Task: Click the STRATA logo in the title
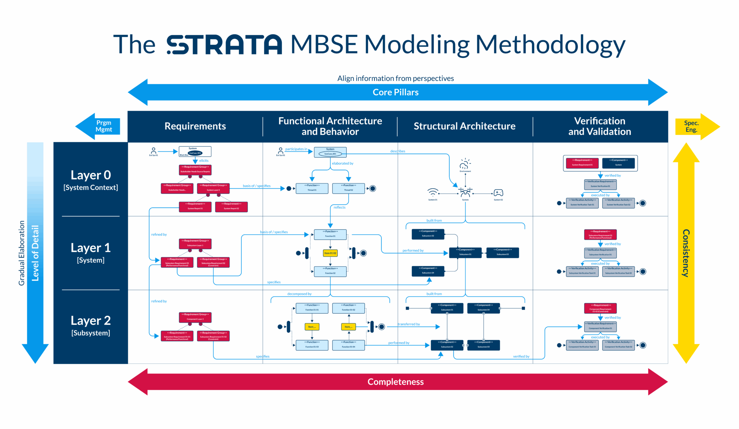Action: [224, 45]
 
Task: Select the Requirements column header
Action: [195, 126]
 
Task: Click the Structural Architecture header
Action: [464, 126]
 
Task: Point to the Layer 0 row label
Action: [91, 180]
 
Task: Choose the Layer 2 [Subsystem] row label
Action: [91, 326]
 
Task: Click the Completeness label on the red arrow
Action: [395, 382]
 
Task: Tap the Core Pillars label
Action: [395, 92]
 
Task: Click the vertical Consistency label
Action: [686, 253]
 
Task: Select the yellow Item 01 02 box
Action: [330, 253]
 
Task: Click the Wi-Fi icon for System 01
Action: [433, 193]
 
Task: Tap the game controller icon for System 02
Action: [498, 193]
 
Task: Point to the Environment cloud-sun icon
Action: [465, 164]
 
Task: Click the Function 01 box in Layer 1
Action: [330, 234]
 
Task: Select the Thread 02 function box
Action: [348, 188]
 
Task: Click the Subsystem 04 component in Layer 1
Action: [428, 271]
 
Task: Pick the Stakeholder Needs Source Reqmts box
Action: [195, 169]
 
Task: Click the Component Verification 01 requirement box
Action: [600, 326]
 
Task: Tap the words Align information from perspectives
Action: [395, 78]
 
